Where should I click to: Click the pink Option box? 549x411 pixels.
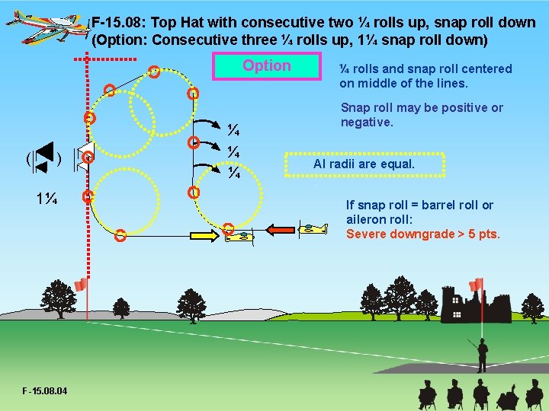[266, 66]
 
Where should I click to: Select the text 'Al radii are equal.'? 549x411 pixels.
[364, 164]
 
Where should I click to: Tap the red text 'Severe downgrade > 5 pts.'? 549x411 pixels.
[423, 234]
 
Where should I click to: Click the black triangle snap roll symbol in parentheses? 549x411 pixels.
[43, 159]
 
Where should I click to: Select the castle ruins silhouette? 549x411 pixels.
[488, 304]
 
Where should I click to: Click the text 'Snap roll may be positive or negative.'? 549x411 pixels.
[422, 114]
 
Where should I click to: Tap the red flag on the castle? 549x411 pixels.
[477, 285]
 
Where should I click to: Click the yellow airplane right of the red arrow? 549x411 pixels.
[312, 228]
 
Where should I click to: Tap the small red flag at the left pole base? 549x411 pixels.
[81, 285]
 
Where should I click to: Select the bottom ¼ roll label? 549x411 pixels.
[235, 175]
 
